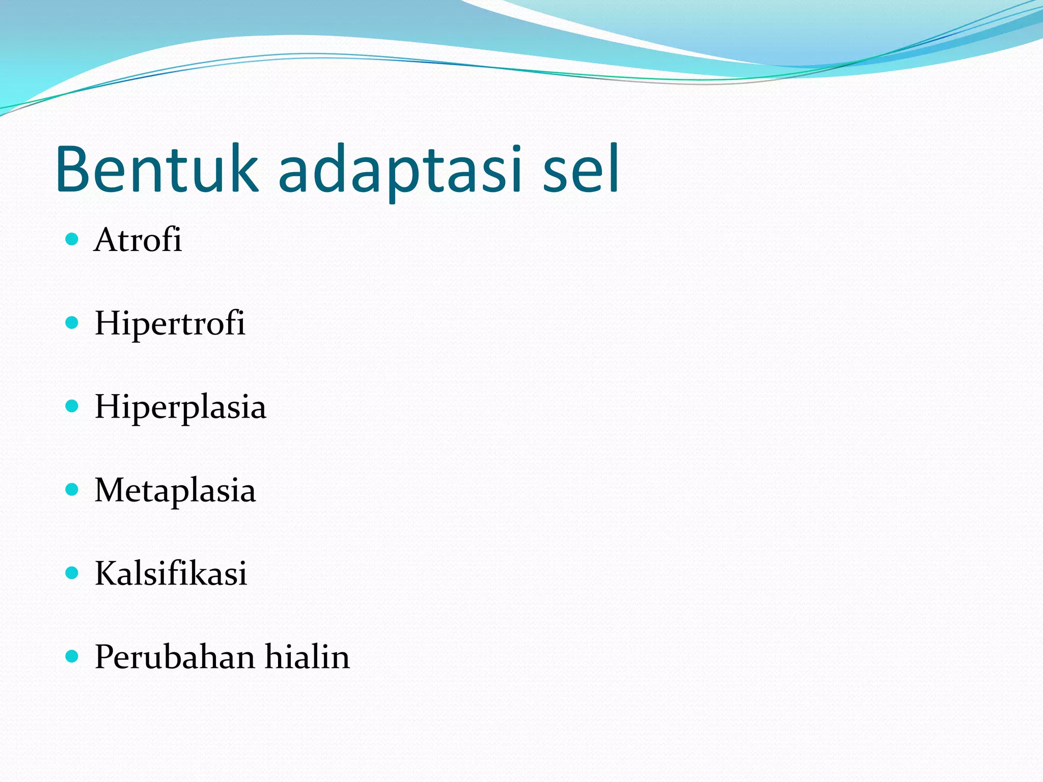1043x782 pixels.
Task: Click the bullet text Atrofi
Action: [x=138, y=240]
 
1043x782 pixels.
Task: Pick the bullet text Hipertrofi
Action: [x=170, y=324]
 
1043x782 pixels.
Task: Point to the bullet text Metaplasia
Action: [x=175, y=490]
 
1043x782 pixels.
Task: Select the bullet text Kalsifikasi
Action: [x=171, y=574]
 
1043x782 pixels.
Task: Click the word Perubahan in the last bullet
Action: [x=175, y=657]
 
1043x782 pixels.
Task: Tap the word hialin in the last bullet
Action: [x=307, y=657]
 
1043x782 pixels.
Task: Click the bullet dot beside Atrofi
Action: [x=72, y=239]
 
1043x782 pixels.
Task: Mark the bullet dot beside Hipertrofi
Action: [x=72, y=323]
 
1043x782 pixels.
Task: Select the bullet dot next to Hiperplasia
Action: [x=72, y=406]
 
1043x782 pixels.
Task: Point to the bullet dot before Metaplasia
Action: [x=72, y=490]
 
